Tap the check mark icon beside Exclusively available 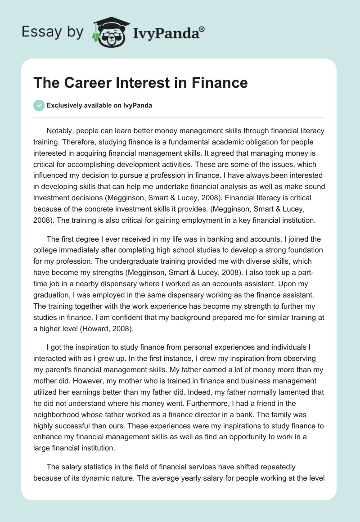point(39,105)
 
